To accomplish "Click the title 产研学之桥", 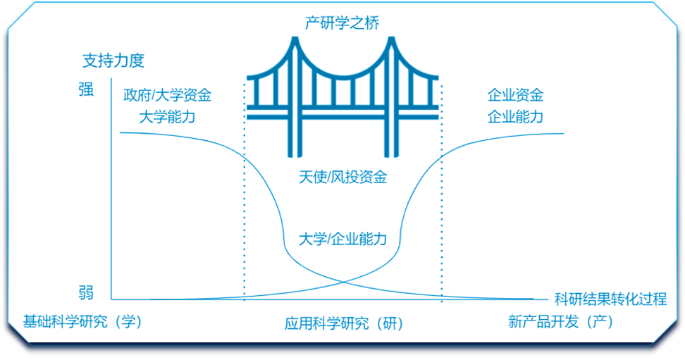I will (342, 23).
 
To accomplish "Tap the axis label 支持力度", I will (113, 61).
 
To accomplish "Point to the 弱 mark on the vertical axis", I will (85, 292).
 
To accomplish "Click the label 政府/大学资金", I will (167, 94).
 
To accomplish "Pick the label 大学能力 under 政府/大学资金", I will (167, 116).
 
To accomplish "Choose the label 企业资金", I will (515, 94).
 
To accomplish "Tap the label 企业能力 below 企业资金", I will (515, 116).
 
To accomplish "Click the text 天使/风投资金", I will (342, 177).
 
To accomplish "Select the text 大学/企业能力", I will (342, 239).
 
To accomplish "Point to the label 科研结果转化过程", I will (610, 299).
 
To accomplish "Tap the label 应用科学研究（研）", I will (343, 323).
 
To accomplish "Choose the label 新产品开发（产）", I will (561, 321).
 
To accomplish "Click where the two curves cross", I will (343, 281).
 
